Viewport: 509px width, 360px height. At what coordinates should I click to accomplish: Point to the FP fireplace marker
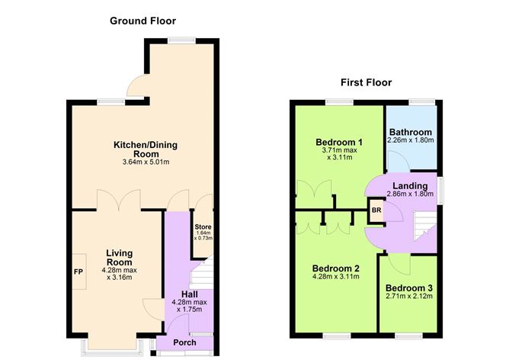pyautogui.click(x=78, y=271)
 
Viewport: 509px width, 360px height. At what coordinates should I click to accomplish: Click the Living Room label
pyautogui.click(x=119, y=258)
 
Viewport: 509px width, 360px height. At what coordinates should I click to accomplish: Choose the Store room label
pyautogui.click(x=201, y=227)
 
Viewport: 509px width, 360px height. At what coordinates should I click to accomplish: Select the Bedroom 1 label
pyautogui.click(x=338, y=142)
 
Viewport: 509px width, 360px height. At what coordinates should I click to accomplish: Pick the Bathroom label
pyautogui.click(x=411, y=132)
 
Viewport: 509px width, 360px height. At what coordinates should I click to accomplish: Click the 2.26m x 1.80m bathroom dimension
pyautogui.click(x=411, y=140)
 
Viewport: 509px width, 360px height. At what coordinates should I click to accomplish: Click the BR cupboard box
pyautogui.click(x=376, y=211)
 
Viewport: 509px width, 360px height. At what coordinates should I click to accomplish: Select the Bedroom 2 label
pyautogui.click(x=336, y=268)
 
